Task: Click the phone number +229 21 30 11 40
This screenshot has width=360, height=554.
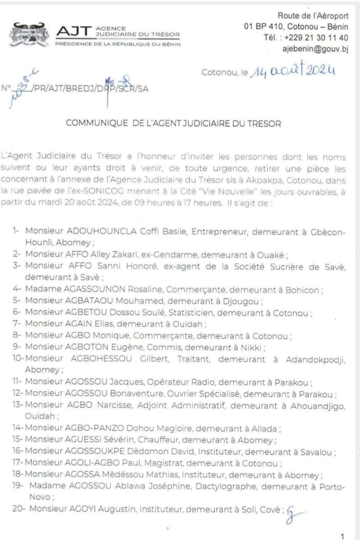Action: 316,38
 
